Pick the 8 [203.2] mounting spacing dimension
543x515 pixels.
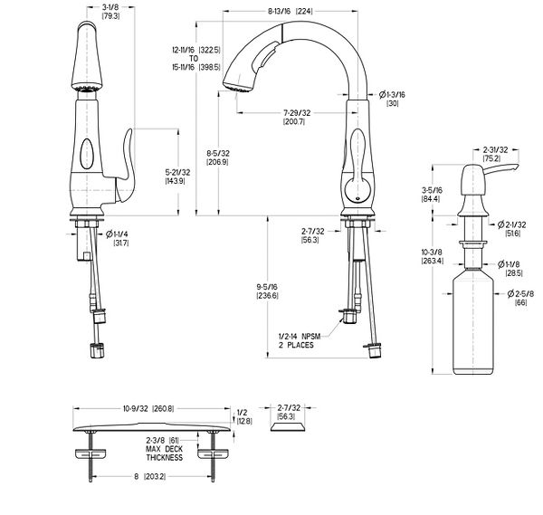pyautogui.click(x=144, y=503)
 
